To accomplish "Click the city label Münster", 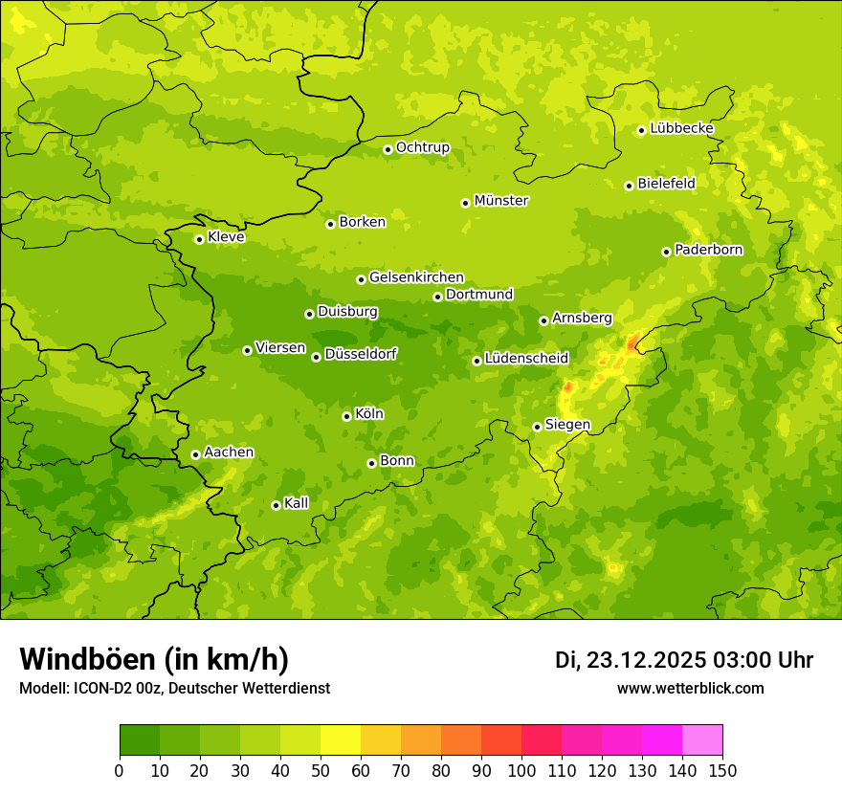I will [x=501, y=201].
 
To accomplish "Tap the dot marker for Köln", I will [x=346, y=416].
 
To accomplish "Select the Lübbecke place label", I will [x=681, y=128].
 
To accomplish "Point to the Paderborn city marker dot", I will [x=666, y=252].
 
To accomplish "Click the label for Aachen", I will [x=229, y=452].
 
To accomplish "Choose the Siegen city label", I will [x=567, y=425].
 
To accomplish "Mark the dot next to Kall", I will [x=276, y=505].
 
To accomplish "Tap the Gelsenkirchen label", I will [x=416, y=277].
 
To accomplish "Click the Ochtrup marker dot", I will [x=388, y=149].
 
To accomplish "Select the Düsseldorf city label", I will [x=361, y=354].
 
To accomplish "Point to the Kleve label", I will [x=226, y=237].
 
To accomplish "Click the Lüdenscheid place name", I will [x=526, y=359].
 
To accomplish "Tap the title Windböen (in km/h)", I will [x=154, y=659].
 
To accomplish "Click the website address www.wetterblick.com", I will [x=690, y=688].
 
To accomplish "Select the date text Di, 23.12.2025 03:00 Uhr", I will [x=684, y=660].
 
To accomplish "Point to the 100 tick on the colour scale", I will [x=521, y=770].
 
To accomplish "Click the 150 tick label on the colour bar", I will [x=722, y=770].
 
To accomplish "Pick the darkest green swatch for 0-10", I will [x=140, y=740].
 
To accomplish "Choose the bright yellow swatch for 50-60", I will [x=341, y=740].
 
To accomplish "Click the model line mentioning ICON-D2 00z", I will [x=174, y=688].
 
